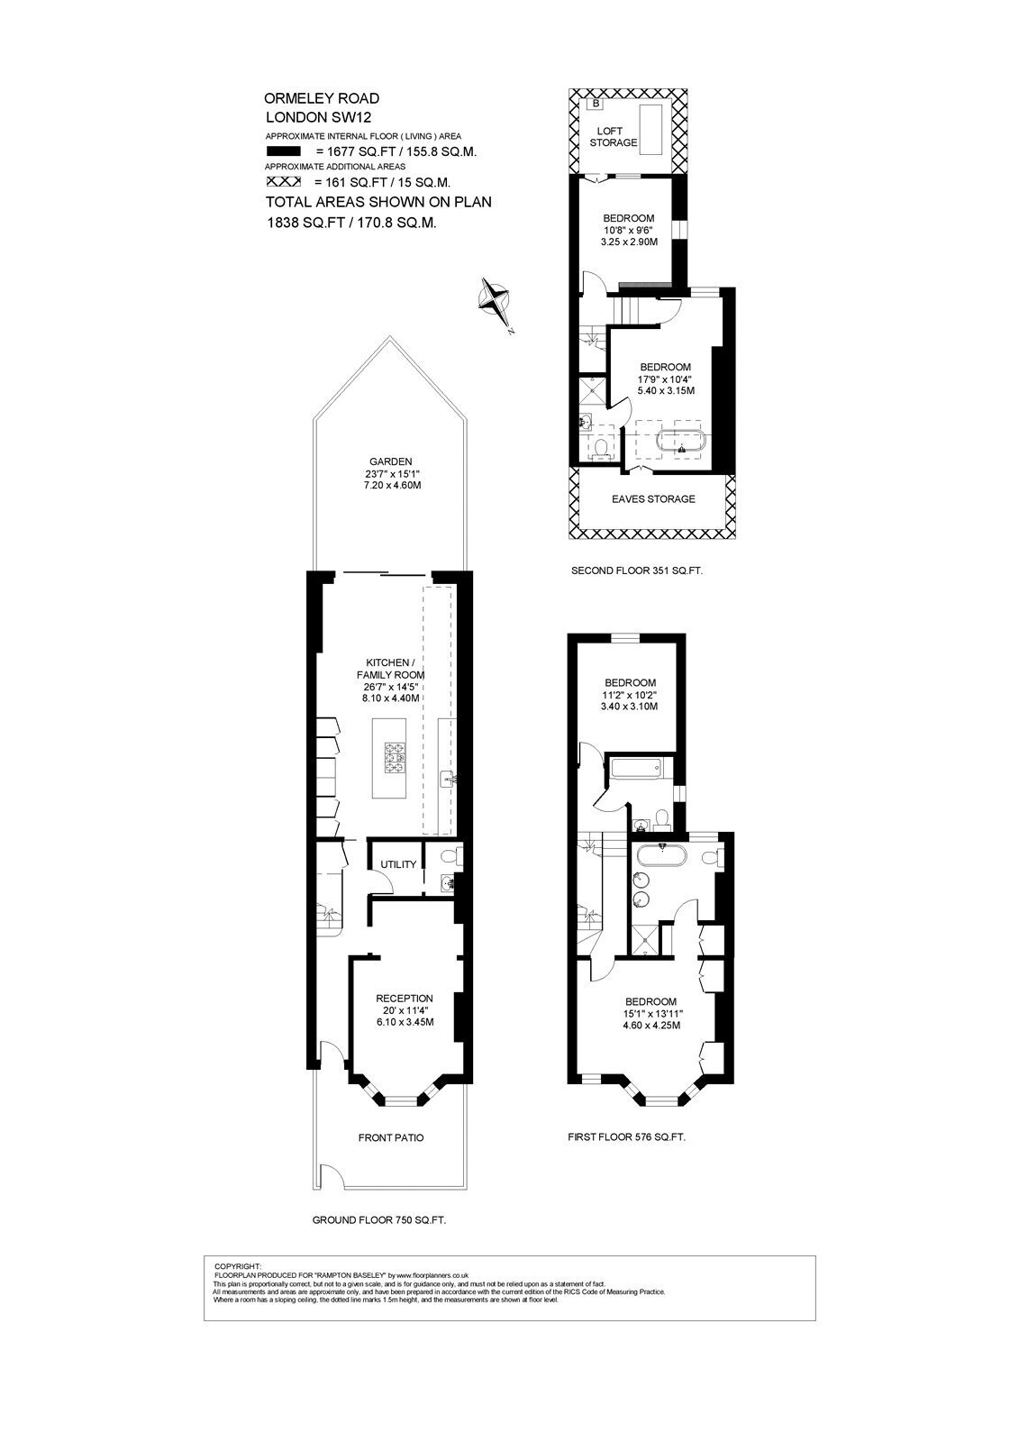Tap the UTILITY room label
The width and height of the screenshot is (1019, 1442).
(398, 864)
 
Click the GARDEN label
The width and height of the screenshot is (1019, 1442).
(391, 461)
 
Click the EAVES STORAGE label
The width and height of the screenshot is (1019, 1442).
(652, 499)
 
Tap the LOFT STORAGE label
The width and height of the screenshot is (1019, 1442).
(614, 136)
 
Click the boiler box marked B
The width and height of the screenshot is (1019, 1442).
(596, 103)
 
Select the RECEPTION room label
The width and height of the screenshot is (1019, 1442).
(405, 999)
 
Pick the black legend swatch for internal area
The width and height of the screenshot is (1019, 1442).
(283, 152)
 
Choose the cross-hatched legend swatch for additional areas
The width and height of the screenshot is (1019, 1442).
(283, 181)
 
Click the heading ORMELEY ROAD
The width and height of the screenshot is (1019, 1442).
(322, 98)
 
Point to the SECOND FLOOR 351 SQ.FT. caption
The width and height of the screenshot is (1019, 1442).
(637, 570)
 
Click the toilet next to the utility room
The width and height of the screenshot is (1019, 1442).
(453, 856)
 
